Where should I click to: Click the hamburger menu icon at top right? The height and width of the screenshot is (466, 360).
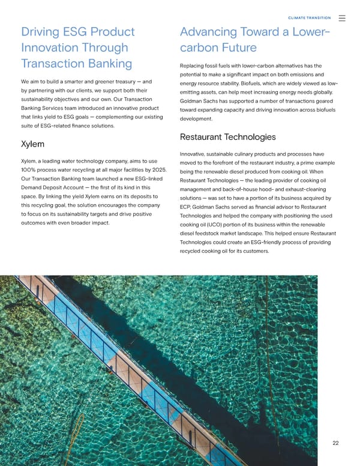(342, 18)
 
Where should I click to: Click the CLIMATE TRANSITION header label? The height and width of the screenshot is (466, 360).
(310, 18)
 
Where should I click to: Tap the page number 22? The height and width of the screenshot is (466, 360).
(336, 443)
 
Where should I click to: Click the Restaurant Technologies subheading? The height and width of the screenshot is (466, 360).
(227, 137)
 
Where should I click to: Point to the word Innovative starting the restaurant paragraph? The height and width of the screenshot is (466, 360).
(197, 155)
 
